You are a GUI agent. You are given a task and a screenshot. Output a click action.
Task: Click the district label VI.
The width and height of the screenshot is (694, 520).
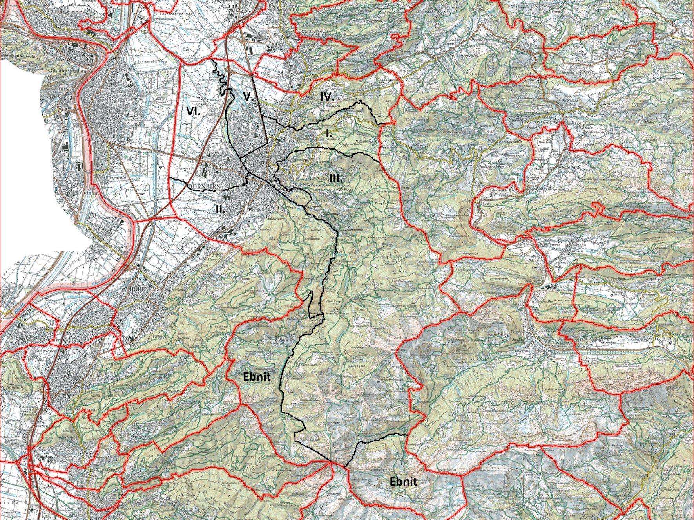[x=193, y=111]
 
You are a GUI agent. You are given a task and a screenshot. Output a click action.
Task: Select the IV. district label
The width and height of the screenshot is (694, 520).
[x=327, y=97]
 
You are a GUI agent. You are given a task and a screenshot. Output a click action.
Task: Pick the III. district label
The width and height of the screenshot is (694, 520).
[x=336, y=178]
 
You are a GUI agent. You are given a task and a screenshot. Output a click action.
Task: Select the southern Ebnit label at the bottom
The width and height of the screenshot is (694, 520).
[x=403, y=481]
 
